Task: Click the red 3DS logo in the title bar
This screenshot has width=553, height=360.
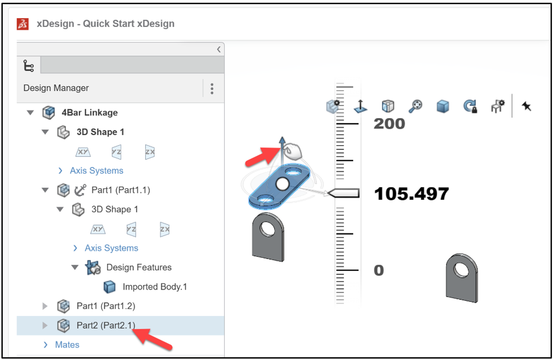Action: (23, 24)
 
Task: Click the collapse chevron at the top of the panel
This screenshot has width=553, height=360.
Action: (219, 49)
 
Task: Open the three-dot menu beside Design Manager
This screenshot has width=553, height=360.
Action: (212, 88)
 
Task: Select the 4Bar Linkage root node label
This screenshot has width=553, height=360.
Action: (89, 113)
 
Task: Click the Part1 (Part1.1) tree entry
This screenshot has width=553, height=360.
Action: (121, 190)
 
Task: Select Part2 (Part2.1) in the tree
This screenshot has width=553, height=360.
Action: (105, 325)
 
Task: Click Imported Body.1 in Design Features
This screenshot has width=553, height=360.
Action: (155, 287)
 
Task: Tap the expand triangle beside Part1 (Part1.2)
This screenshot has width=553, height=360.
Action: (45, 306)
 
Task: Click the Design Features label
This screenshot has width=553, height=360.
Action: (139, 267)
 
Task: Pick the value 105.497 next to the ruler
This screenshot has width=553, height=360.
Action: (411, 194)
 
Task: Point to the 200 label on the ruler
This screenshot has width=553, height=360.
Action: (389, 124)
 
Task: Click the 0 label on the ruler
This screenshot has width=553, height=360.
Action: (379, 271)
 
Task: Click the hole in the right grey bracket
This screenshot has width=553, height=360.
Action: (461, 270)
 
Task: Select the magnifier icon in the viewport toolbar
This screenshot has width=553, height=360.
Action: (415, 106)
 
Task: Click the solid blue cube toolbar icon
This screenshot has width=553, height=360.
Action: (443, 106)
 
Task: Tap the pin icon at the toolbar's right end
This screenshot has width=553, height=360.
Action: (526, 106)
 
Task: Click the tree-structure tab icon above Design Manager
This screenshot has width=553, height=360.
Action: (28, 65)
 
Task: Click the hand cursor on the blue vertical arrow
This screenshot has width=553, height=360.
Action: (292, 151)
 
